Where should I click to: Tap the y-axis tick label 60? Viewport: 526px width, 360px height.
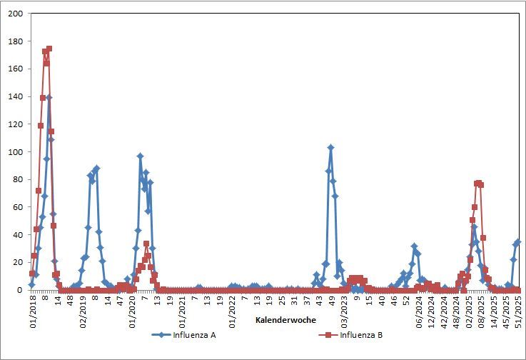(18, 207)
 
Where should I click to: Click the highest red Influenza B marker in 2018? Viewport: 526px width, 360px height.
(49, 49)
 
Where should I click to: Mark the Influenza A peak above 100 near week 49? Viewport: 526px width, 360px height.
(331, 148)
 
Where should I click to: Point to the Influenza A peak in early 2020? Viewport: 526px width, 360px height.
(141, 156)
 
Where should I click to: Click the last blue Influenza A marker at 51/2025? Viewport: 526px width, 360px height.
(518, 242)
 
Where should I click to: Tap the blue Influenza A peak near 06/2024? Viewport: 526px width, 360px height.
(414, 246)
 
